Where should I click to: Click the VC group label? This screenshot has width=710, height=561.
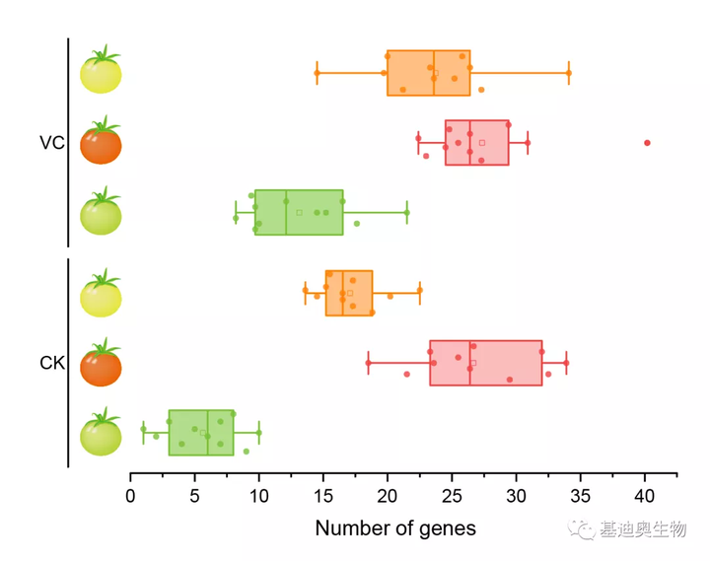(52, 144)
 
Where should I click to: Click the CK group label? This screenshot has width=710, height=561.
(52, 364)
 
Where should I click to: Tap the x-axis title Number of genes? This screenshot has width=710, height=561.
(394, 528)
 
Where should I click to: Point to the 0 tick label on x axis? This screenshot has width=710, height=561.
(131, 496)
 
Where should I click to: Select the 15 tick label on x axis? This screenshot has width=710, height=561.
(323, 496)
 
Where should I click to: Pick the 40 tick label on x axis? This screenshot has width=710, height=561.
(645, 496)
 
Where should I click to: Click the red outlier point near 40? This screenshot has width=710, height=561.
(647, 143)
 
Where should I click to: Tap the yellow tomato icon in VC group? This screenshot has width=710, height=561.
(101, 72)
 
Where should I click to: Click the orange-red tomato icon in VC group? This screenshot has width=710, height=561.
(101, 143)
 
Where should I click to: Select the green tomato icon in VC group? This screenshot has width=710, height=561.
(101, 213)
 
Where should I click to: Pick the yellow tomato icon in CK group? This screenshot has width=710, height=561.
(101, 294)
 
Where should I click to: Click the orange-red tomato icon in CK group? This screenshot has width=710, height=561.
(101, 364)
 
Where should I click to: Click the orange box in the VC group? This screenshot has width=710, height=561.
(428, 73)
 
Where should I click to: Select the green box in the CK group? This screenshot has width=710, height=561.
(201, 432)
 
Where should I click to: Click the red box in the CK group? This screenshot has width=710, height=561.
(485, 363)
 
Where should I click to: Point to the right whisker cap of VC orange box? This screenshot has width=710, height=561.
(569, 73)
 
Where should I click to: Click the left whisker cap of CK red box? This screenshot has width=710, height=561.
(368, 363)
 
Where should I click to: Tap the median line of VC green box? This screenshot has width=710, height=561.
(286, 212)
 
